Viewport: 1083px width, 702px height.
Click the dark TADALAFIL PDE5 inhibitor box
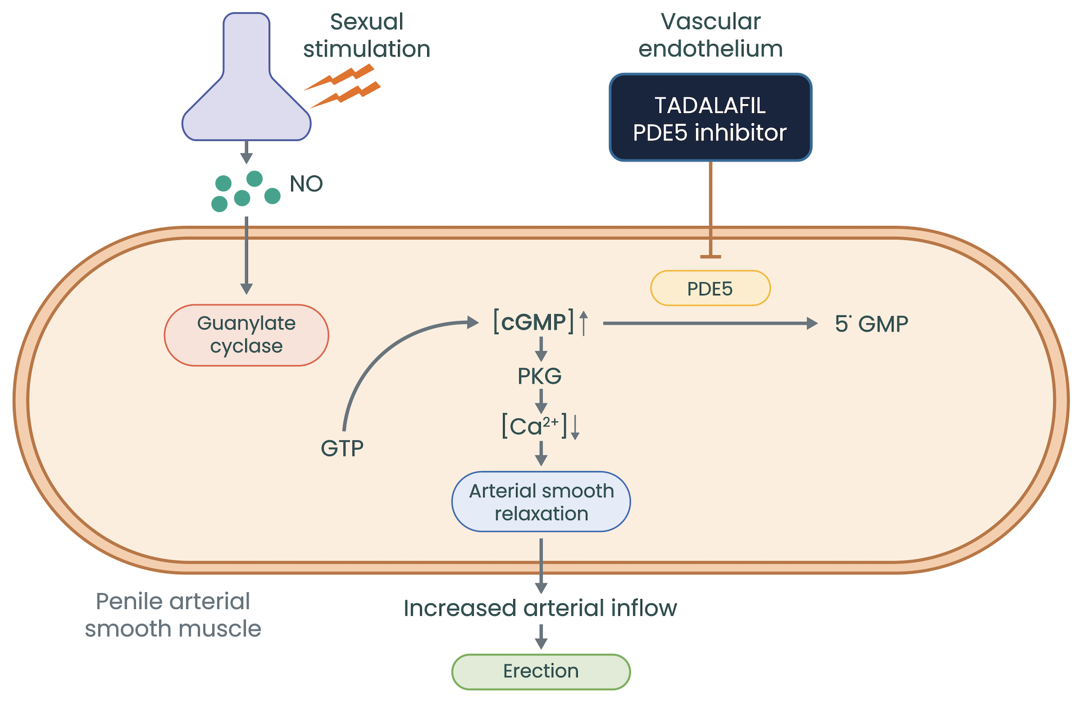point(710,118)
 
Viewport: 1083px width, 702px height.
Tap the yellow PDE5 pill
point(710,288)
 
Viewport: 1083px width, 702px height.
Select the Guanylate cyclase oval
point(246,335)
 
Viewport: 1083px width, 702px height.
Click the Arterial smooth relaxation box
point(541,502)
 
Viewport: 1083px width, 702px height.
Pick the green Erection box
point(541,671)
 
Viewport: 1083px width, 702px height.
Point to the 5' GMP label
point(871,324)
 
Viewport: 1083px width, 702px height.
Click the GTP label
point(342,448)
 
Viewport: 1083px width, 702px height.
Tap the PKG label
point(539,376)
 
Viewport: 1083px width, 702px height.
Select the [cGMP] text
point(534,322)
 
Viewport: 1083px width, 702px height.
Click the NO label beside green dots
point(306,184)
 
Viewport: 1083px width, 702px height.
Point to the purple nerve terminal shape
point(246,92)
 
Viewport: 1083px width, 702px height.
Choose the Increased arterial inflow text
point(540,608)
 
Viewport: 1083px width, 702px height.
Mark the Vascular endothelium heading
point(710,35)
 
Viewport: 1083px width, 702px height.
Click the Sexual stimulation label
point(367,35)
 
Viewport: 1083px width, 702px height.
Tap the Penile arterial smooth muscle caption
point(173,615)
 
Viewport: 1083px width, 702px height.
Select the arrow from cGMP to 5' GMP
point(709,323)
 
